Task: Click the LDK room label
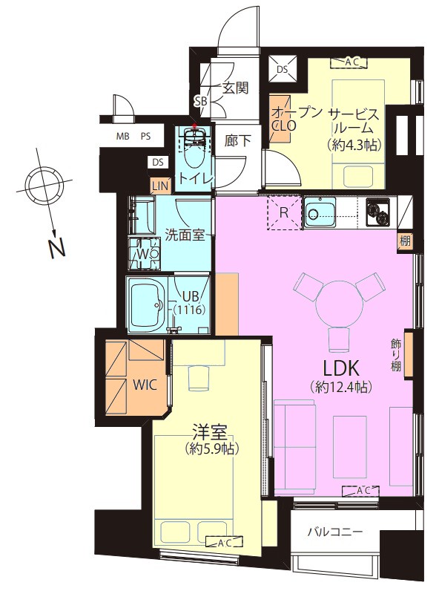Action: coord(340,368)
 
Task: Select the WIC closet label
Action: coord(145,385)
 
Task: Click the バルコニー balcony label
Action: coord(335,532)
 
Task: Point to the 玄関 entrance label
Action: coord(234,88)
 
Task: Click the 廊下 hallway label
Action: coord(237,141)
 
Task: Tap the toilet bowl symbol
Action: coord(194,151)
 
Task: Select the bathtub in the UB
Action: coord(147,304)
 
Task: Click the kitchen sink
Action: coord(320,214)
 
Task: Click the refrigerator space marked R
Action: coord(284,213)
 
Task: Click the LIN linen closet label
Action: coord(160,186)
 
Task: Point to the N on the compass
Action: coord(57,248)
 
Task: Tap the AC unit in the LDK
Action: coord(360,491)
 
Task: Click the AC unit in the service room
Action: coord(349,63)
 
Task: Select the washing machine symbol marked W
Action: coord(144,252)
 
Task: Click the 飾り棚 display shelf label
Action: coord(396,355)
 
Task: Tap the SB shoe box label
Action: coord(201,101)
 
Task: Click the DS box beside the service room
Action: coord(283,69)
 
